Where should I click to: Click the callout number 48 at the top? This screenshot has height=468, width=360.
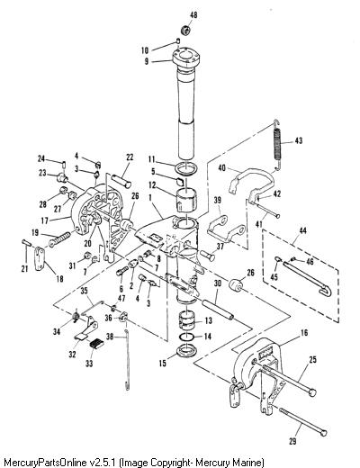tap(194, 14)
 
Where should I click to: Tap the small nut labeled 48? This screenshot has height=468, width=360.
tap(186, 30)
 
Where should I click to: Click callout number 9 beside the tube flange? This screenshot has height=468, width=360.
tap(147, 61)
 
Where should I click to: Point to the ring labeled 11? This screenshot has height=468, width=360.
tap(187, 168)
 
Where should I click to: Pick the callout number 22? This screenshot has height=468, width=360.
tap(130, 157)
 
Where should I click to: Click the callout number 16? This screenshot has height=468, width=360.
tap(304, 333)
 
